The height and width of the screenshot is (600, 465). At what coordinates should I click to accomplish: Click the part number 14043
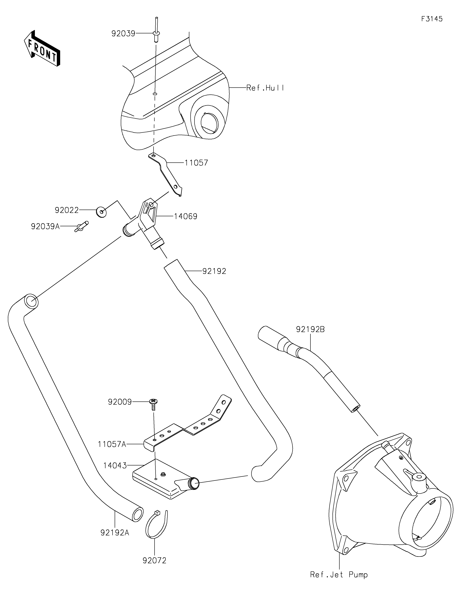coord(115,466)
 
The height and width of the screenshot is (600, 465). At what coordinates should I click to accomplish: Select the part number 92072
coord(155,560)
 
